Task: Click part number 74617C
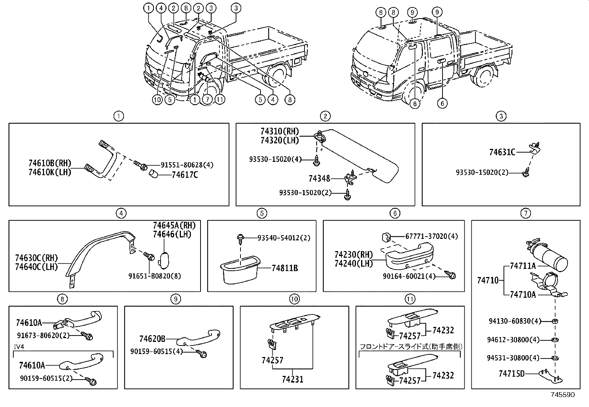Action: [185, 175]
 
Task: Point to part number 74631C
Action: [502, 152]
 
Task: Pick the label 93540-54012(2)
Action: [284, 238]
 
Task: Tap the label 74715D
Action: [511, 374]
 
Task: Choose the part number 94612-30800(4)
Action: [513, 340]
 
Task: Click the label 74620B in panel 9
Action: [152, 339]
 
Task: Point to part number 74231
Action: [292, 379]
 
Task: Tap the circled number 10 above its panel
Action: [294, 299]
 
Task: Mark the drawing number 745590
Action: [563, 395]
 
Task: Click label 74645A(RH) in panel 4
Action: [174, 226]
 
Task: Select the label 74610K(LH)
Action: [50, 172]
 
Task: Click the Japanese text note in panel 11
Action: [411, 347]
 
